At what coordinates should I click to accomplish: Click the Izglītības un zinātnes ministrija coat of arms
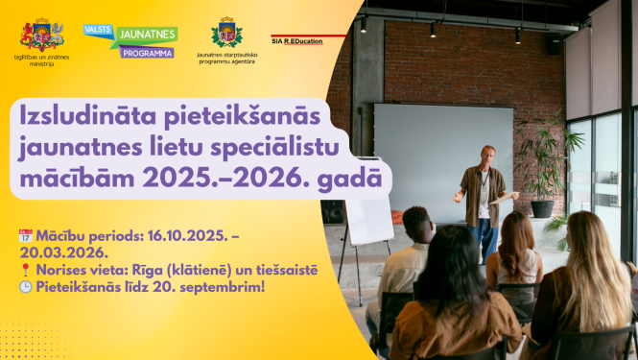click(x=42, y=35)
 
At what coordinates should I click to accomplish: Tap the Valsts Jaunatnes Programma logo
click(x=130, y=41)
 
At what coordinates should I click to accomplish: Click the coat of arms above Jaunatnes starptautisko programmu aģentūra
click(x=226, y=32)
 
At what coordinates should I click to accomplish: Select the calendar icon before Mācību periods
click(x=25, y=235)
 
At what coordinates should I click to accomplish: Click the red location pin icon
click(x=25, y=271)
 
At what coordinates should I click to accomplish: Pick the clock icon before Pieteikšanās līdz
click(x=25, y=289)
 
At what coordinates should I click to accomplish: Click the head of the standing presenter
click(x=488, y=154)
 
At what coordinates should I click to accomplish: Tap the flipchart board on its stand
click(x=368, y=216)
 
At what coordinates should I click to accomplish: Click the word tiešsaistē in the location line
click(x=283, y=271)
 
